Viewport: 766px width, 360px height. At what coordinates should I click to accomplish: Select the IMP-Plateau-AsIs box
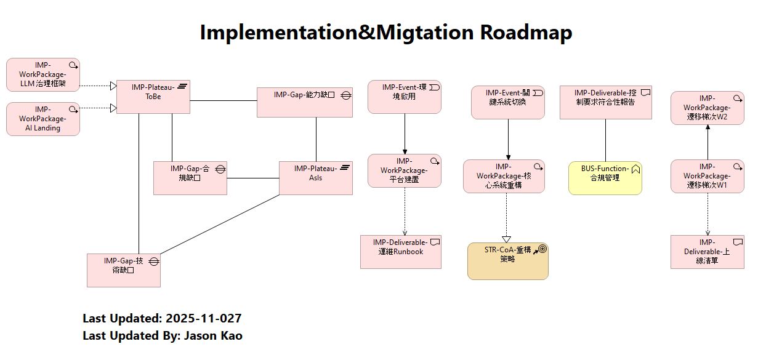click(x=315, y=178)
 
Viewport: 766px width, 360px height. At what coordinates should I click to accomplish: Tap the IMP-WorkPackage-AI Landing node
click(x=42, y=119)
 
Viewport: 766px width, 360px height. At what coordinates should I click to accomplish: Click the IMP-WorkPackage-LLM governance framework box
click(x=42, y=74)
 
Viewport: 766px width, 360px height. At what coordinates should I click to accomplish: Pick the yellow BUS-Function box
click(x=605, y=178)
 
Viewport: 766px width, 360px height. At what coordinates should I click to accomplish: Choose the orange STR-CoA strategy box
click(x=507, y=261)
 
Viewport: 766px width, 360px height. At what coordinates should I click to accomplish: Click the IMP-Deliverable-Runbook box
click(x=400, y=251)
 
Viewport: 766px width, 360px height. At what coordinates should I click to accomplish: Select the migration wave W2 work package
click(x=707, y=108)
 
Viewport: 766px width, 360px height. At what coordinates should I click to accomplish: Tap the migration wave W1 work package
click(x=707, y=176)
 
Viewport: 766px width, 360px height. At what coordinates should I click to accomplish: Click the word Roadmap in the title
click(x=526, y=32)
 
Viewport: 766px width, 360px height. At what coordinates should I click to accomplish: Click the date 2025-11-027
click(x=203, y=319)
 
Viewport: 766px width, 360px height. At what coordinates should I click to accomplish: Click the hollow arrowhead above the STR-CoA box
click(x=507, y=239)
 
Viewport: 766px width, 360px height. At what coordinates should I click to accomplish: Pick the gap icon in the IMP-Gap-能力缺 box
click(x=346, y=95)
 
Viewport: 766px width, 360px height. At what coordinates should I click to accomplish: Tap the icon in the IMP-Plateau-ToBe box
click(x=182, y=88)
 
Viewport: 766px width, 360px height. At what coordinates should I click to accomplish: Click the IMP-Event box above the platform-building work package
click(x=404, y=97)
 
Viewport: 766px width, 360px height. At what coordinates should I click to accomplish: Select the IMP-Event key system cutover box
click(x=507, y=102)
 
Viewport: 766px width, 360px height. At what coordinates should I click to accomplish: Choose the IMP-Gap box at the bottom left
click(x=123, y=270)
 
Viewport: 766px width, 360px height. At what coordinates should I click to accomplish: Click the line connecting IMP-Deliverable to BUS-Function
click(x=605, y=140)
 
